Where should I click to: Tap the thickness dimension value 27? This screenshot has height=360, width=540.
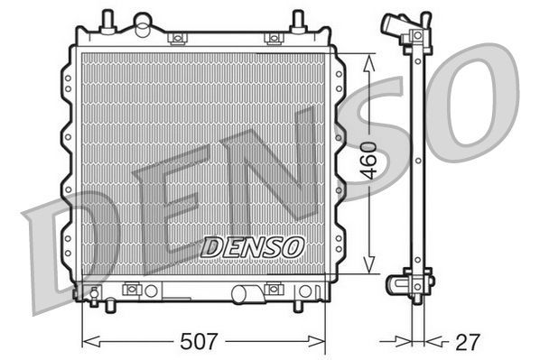(x=468, y=342)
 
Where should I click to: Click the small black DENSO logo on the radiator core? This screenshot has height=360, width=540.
(x=253, y=245)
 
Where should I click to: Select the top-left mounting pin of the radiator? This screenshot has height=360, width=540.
(x=107, y=18)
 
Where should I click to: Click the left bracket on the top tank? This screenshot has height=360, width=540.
(x=178, y=38)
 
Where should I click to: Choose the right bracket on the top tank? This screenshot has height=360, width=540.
(x=272, y=38)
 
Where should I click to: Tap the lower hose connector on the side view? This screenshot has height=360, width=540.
(x=399, y=284)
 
